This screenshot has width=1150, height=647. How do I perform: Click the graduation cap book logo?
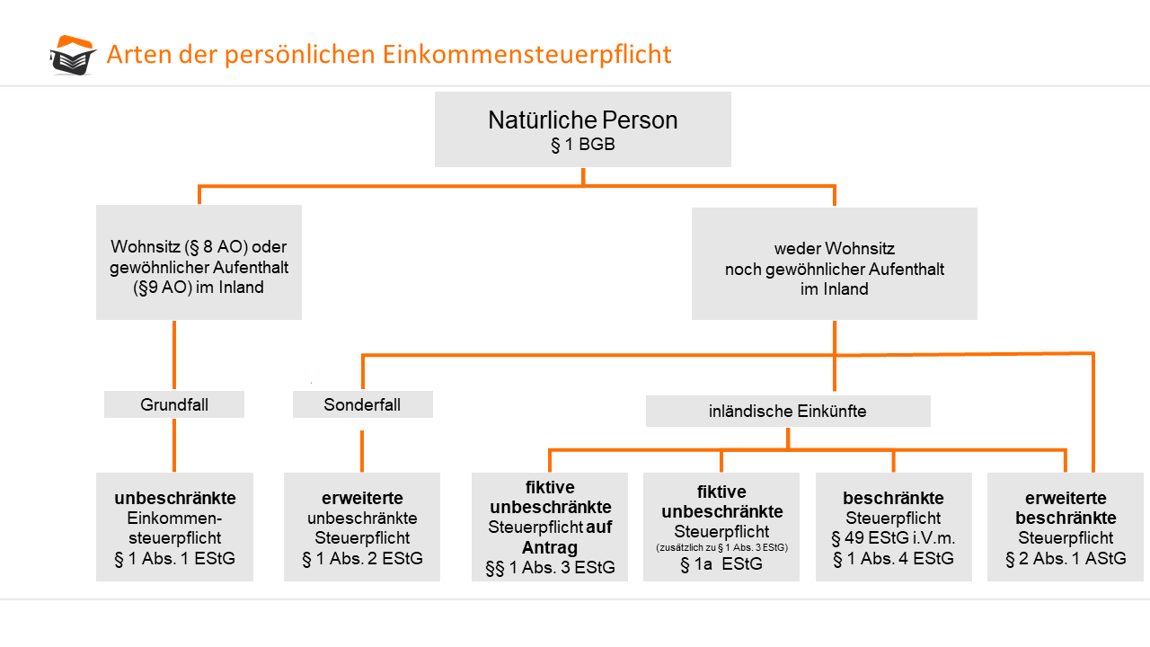tap(73, 55)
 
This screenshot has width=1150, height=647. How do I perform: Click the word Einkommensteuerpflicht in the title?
tap(526, 55)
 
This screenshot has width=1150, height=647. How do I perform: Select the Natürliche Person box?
tap(583, 129)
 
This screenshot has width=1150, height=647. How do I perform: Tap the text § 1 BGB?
tap(583, 145)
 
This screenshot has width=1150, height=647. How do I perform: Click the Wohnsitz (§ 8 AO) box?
tap(199, 262)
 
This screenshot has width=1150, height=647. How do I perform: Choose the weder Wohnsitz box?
tap(835, 263)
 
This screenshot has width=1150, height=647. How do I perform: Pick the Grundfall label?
tap(174, 404)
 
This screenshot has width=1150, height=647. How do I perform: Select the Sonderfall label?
tap(362, 404)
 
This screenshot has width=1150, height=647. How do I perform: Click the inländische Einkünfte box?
tap(788, 411)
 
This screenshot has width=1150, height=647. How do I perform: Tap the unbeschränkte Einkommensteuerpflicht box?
tap(174, 527)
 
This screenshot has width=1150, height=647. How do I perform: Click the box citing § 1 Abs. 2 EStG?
tap(362, 527)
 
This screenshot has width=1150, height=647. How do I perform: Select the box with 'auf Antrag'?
tap(550, 527)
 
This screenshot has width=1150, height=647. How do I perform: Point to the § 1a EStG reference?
tap(721, 564)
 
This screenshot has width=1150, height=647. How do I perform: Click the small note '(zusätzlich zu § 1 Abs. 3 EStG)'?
tap(721, 547)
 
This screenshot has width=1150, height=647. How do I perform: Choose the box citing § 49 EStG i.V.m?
tap(894, 527)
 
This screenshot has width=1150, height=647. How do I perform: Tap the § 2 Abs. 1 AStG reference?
tap(1066, 558)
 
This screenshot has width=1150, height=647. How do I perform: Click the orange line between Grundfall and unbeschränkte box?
tap(174, 445)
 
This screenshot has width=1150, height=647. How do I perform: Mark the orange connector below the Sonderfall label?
tap(362, 451)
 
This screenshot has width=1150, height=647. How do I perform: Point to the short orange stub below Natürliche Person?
tap(583, 176)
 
